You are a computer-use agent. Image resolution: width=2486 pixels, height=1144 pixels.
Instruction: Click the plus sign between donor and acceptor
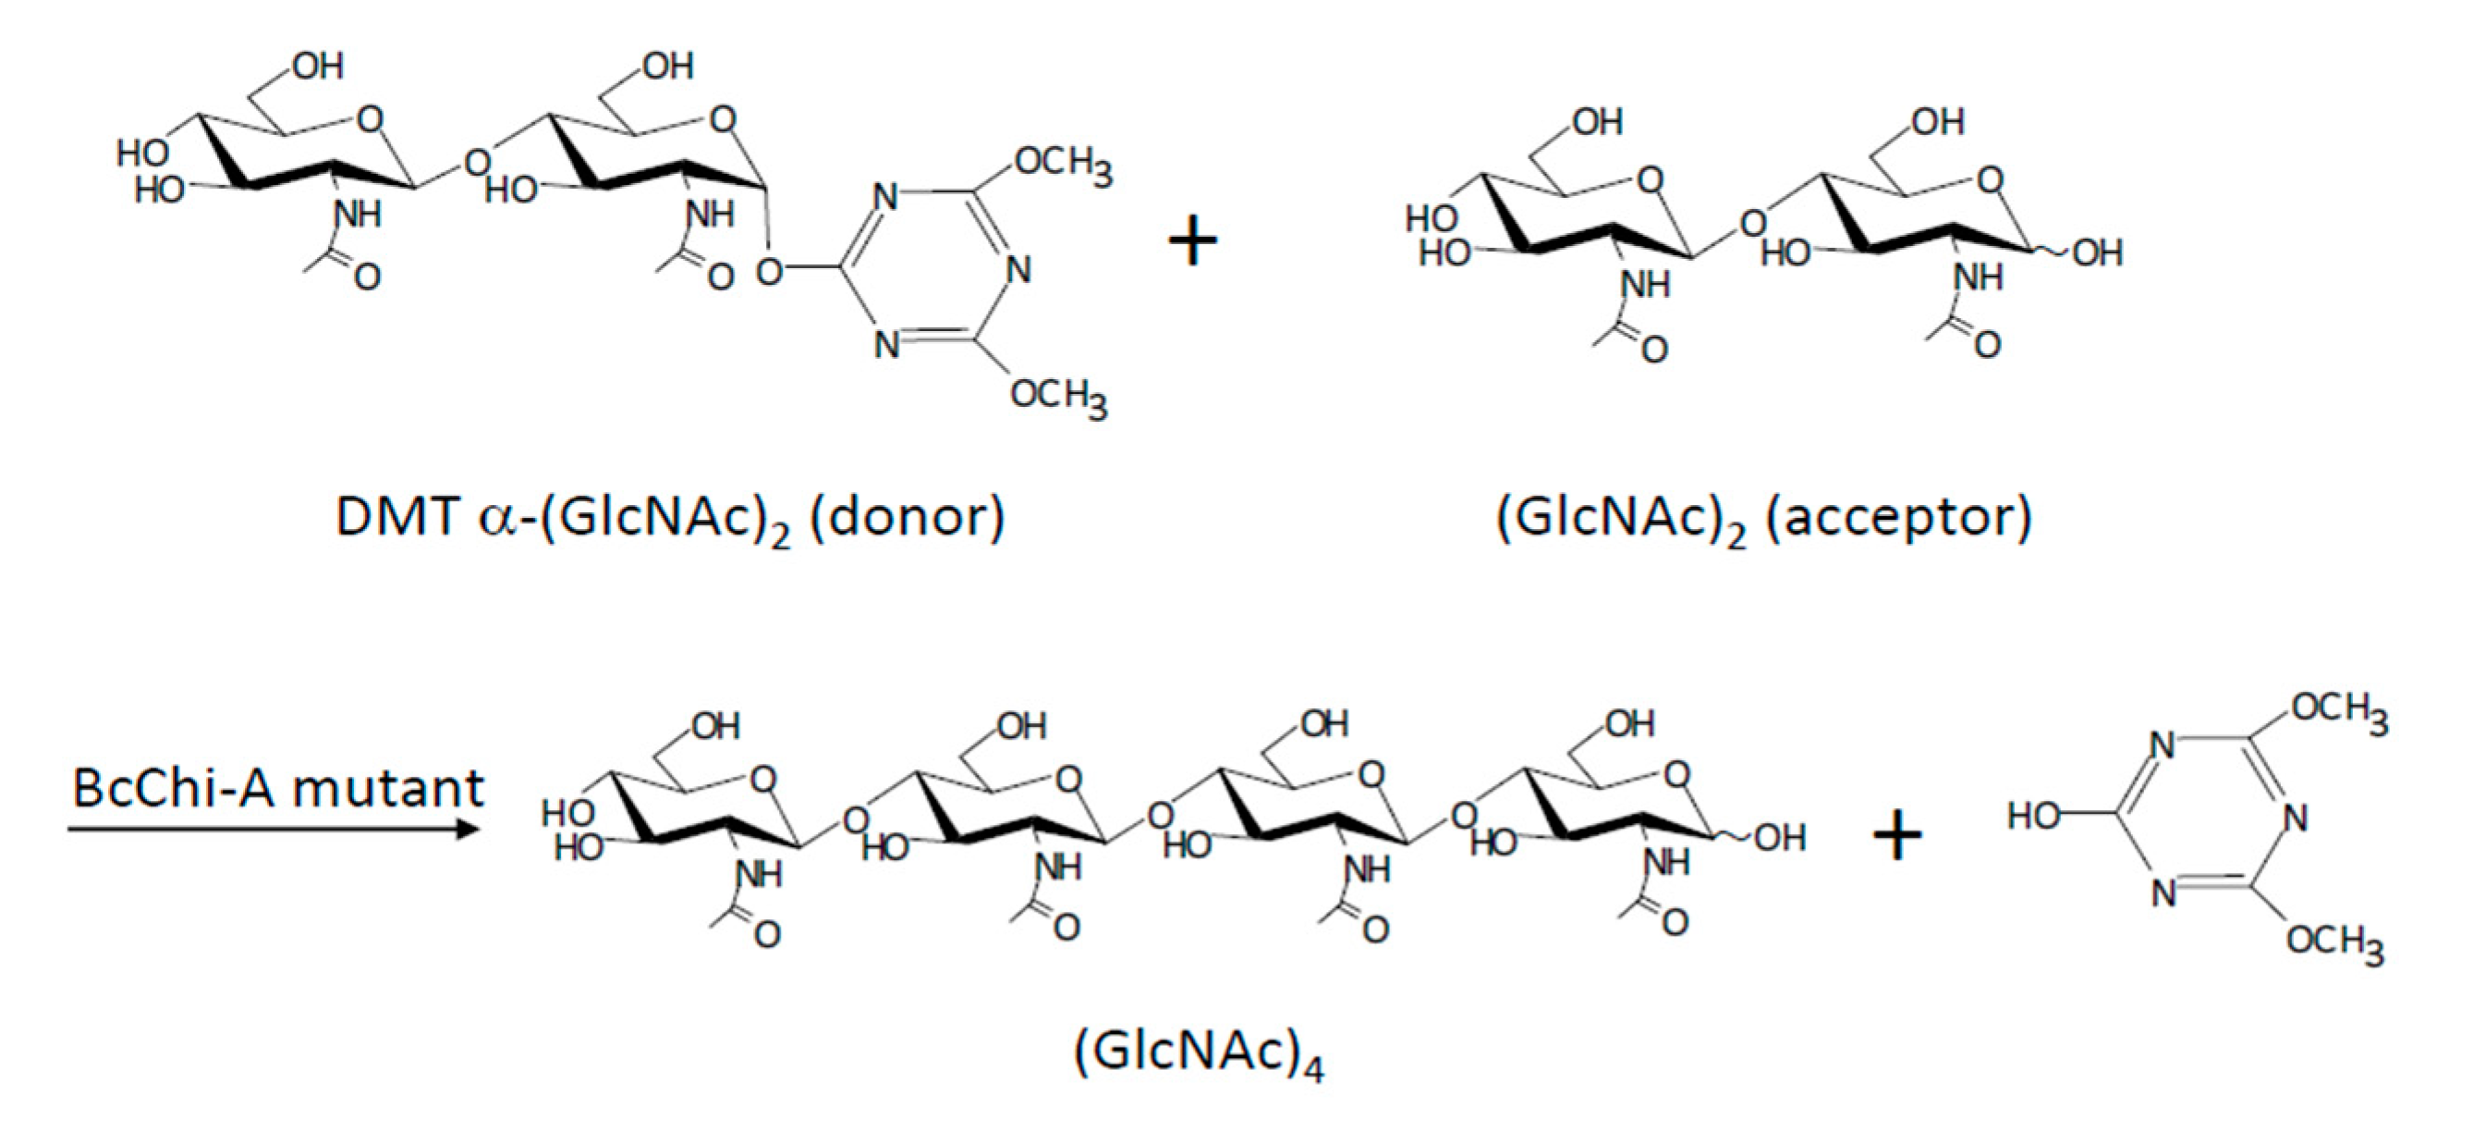coord(1193,240)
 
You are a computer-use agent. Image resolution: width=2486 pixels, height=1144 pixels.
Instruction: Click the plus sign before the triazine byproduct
coord(1897,836)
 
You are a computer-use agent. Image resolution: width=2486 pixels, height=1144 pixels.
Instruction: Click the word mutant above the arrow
coord(387,788)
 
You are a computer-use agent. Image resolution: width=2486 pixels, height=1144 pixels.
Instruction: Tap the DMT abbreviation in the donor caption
coord(396,518)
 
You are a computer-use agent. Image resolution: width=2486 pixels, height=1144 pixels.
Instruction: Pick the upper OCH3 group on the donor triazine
coord(1063,166)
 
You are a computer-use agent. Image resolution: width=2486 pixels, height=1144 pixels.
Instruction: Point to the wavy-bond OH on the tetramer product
coord(1780,838)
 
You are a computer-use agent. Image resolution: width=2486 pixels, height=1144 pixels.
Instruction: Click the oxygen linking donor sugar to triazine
coord(769,272)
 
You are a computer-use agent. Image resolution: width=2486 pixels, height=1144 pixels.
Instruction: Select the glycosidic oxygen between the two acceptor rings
coord(1752,224)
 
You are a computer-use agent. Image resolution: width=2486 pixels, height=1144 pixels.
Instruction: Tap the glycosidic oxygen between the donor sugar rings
coord(476,161)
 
